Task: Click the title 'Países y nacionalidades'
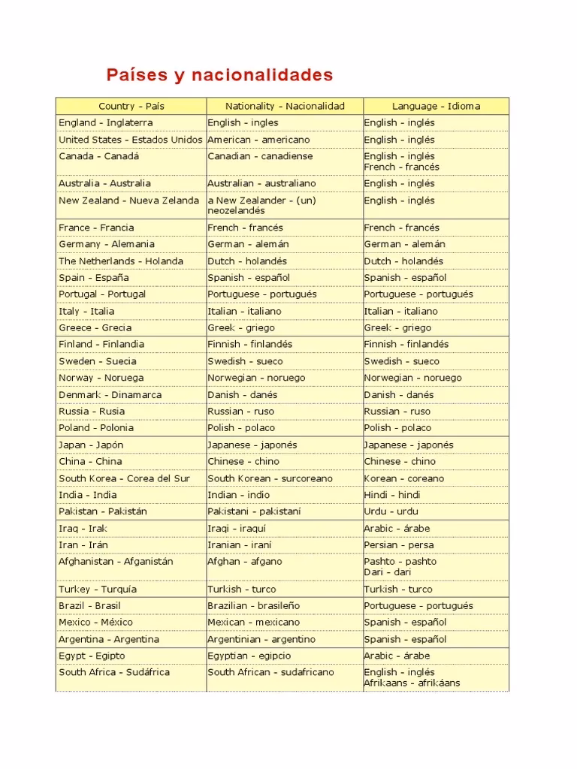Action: pos(219,75)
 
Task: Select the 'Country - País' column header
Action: pos(131,106)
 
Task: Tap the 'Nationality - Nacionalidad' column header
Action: pos(285,106)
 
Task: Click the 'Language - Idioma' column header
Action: pos(436,106)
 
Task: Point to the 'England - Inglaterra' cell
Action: pos(106,122)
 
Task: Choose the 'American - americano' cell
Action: pos(258,140)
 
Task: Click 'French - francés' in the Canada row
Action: pos(402,167)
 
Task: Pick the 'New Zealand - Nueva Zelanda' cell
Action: pos(129,201)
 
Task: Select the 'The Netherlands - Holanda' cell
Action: pos(121,261)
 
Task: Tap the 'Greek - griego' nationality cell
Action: pos(241,327)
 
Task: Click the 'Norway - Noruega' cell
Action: pos(101,378)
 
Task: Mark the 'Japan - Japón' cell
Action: pos(91,445)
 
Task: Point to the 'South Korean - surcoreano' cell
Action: pos(270,478)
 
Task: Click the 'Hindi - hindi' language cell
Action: pos(392,495)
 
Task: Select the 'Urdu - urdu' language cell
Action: pos(391,511)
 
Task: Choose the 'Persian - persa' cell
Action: pos(399,545)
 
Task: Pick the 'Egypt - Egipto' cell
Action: pos(92,656)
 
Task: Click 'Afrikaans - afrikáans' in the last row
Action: pos(412,683)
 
